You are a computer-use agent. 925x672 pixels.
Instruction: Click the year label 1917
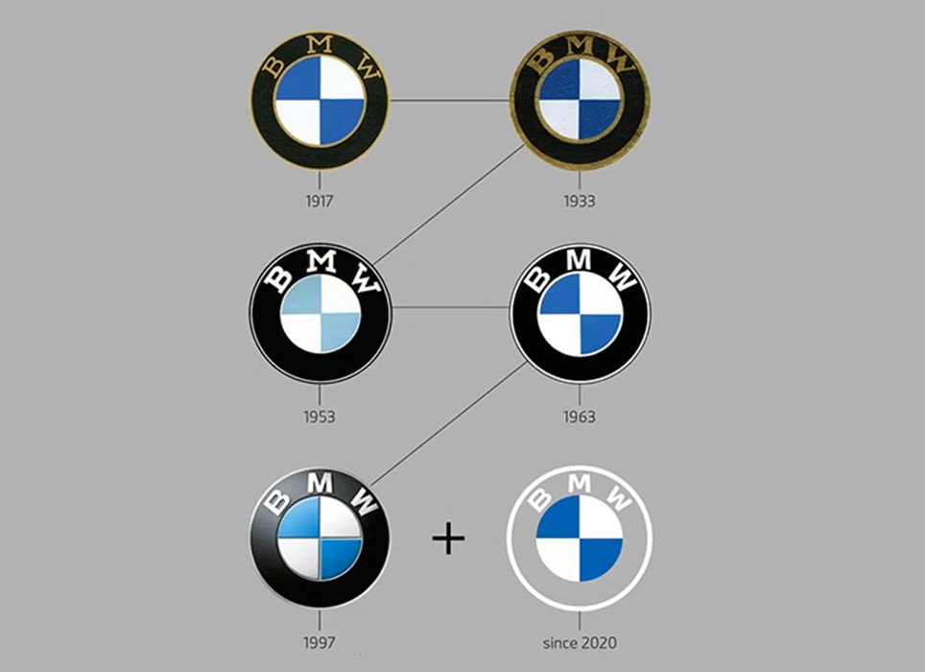pyautogui.click(x=320, y=202)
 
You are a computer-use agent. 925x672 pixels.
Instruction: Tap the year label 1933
pyautogui.click(x=580, y=202)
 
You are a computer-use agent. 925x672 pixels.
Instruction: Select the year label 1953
pyautogui.click(x=320, y=418)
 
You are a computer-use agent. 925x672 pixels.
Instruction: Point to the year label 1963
pyautogui.click(x=580, y=418)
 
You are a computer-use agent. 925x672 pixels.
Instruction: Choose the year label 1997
pyautogui.click(x=320, y=642)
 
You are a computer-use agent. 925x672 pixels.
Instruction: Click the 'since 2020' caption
pyautogui.click(x=580, y=642)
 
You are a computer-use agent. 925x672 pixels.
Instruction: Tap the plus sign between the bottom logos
pyautogui.click(x=448, y=539)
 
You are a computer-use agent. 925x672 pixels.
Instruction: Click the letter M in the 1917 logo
pyautogui.click(x=320, y=44)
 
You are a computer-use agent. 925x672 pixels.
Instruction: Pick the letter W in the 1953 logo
pyautogui.click(x=367, y=279)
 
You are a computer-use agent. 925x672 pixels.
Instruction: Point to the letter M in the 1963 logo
pyautogui.click(x=580, y=259)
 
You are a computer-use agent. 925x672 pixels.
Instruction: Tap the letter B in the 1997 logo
pyautogui.click(x=276, y=503)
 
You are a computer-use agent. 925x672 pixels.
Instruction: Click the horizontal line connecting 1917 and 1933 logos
pyautogui.click(x=449, y=100)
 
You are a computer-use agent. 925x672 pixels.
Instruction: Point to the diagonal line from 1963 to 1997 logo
pyautogui.click(x=449, y=423)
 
